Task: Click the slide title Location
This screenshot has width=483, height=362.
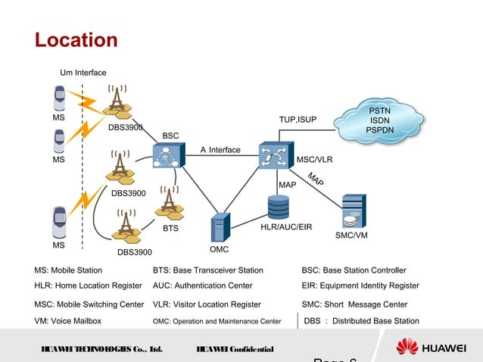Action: click(x=76, y=39)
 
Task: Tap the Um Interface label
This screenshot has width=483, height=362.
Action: click(x=83, y=73)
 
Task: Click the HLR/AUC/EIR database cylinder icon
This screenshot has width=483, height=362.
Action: click(x=278, y=207)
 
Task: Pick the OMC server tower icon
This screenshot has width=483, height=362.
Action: click(x=220, y=227)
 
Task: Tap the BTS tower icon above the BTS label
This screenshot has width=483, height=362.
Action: click(x=169, y=201)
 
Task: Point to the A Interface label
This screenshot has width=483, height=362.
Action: click(x=220, y=150)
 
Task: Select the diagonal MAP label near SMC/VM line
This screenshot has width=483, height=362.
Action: click(x=316, y=180)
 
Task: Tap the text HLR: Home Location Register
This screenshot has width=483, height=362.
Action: click(x=88, y=286)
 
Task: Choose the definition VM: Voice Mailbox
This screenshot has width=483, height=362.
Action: click(x=67, y=320)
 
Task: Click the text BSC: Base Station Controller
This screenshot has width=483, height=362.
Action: click(x=354, y=270)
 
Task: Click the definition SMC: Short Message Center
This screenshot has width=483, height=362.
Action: click(x=354, y=304)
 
